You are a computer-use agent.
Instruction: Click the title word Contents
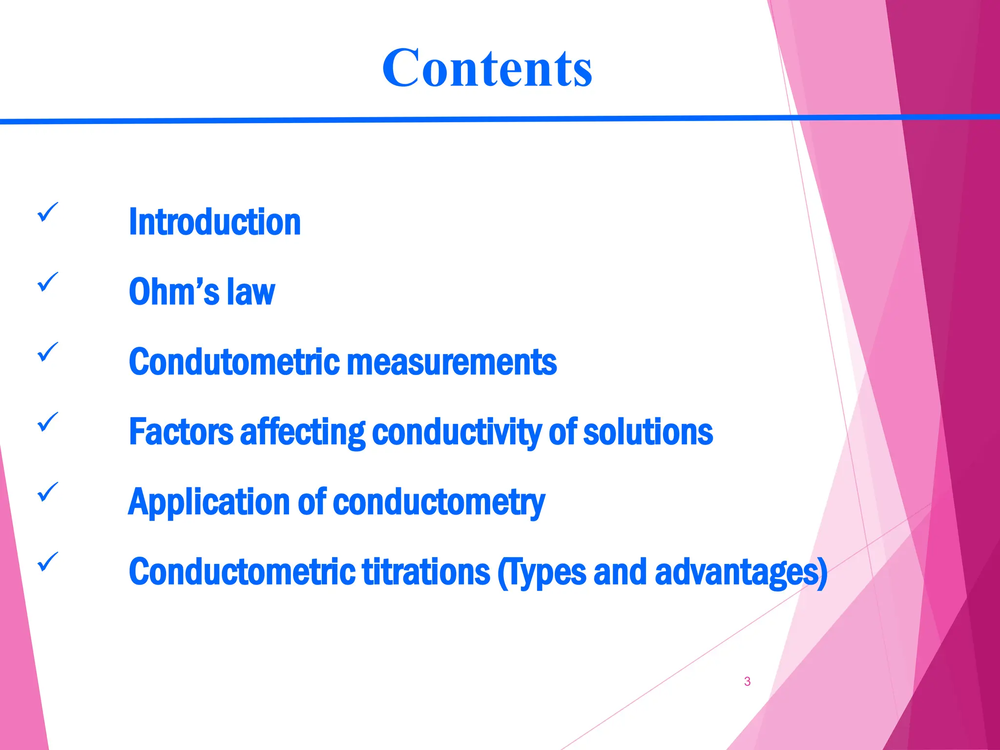(487, 68)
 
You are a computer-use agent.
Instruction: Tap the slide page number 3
(747, 681)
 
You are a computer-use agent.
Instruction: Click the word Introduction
(214, 222)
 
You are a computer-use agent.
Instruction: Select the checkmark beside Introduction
(47, 213)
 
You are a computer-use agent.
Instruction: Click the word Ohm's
(174, 292)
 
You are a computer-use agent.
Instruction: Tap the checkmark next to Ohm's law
(47, 283)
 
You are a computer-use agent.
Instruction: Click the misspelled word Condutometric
(234, 362)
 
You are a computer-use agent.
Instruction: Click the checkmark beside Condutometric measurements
(47, 353)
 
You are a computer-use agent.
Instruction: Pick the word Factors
(181, 432)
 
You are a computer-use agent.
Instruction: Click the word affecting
(302, 433)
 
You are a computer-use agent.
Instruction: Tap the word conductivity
(457, 433)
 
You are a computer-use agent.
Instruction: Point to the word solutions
(648, 432)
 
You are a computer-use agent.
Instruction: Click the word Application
(209, 503)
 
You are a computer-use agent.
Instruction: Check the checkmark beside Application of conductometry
(47, 492)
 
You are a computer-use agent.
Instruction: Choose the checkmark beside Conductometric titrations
(47, 562)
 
